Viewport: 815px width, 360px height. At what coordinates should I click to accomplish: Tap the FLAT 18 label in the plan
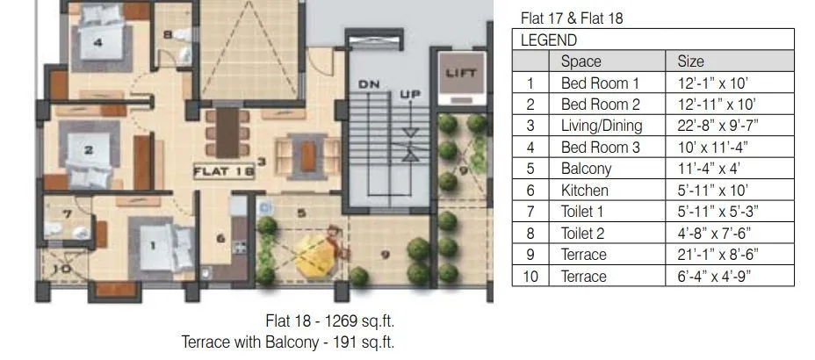[224, 172]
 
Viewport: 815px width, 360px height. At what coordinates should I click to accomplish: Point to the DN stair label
[368, 83]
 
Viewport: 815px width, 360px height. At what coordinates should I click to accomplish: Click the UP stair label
[410, 94]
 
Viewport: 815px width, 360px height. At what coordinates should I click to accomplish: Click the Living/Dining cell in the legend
[602, 126]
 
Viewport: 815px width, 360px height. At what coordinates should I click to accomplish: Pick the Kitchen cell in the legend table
[585, 190]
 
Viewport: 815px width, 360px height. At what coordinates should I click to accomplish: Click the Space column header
[581, 61]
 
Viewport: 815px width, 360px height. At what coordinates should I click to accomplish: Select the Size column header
[690, 61]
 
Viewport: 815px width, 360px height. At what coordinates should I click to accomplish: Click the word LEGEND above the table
[549, 40]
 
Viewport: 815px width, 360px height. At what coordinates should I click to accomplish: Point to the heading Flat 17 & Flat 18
[572, 18]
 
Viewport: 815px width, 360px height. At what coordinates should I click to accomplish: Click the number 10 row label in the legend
[530, 276]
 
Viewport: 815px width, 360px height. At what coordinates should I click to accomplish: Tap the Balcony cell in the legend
[586, 169]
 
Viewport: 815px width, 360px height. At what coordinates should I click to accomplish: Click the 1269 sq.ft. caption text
[336, 321]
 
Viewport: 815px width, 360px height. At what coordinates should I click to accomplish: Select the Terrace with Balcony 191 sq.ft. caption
[294, 342]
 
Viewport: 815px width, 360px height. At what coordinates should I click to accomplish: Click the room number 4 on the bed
[97, 41]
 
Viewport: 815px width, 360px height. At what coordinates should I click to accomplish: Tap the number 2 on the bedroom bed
[88, 149]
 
